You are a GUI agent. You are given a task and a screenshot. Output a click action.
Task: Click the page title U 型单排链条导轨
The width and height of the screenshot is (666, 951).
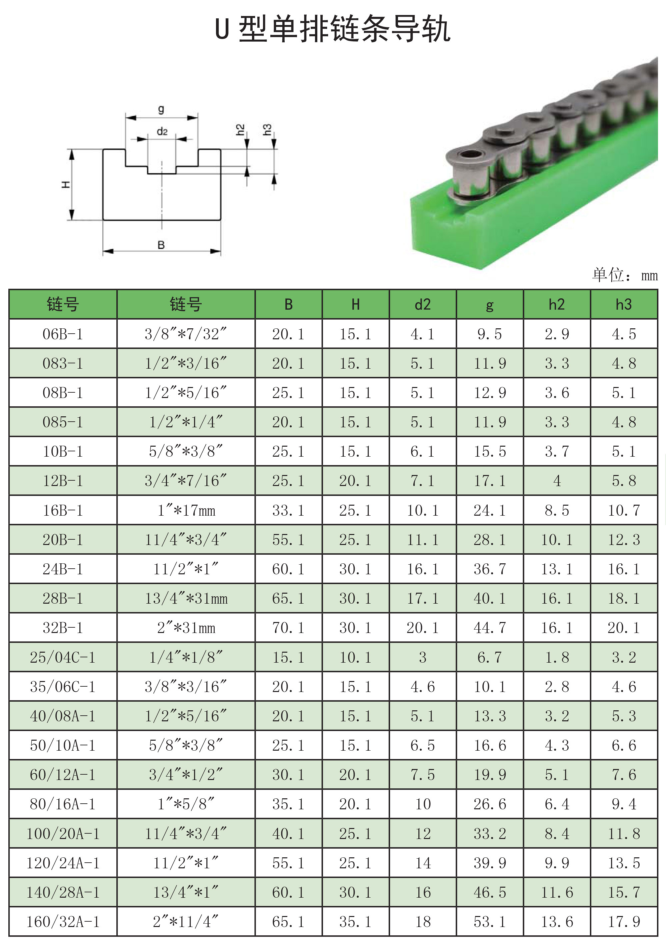tap(333, 29)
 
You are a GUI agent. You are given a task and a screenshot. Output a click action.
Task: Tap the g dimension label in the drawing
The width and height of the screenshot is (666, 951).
tap(161, 109)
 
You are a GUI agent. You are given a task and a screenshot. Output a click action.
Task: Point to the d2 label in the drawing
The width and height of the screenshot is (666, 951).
tap(162, 131)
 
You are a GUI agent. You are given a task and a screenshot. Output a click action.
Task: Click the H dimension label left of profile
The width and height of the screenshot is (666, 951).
tap(65, 184)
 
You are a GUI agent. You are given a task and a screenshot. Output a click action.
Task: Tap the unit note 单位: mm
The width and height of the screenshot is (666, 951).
tap(625, 275)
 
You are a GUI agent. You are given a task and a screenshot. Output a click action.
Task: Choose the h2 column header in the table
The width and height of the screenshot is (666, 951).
tap(557, 304)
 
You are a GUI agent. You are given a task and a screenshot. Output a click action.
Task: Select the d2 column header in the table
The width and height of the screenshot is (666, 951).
tap(422, 304)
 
